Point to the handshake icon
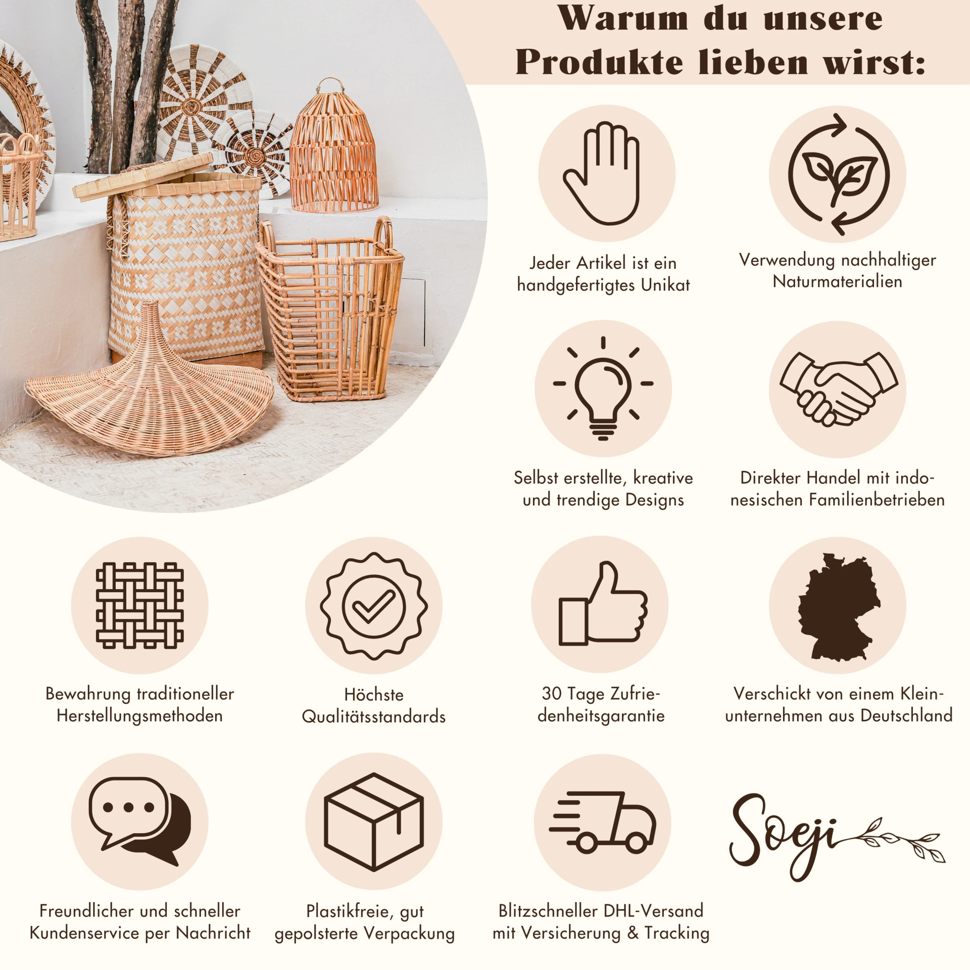(838, 389)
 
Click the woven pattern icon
(139, 605)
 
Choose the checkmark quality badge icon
(374, 605)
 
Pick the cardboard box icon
(374, 821)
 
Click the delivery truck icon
(602, 821)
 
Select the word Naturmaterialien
(837, 281)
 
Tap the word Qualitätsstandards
(373, 716)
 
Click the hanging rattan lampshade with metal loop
(334, 149)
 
